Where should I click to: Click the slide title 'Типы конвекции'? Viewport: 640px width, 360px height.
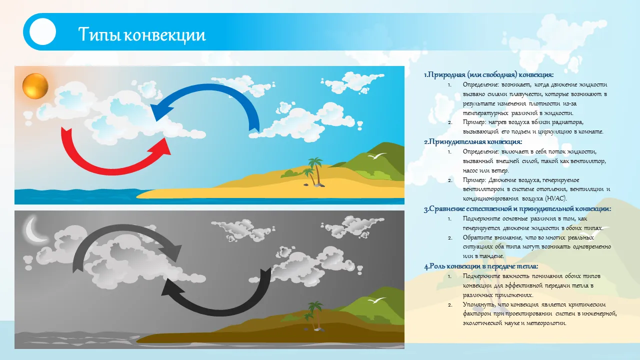[x=142, y=34]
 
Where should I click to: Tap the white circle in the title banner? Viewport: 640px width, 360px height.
[x=42, y=31]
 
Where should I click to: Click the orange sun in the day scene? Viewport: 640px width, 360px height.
[x=35, y=86]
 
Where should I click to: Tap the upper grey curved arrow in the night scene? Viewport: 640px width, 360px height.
[x=125, y=228]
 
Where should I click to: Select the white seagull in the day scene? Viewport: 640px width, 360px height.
[x=377, y=156]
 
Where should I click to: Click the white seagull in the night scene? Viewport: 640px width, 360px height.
[x=377, y=300]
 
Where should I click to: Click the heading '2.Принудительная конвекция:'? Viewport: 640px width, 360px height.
[x=473, y=141]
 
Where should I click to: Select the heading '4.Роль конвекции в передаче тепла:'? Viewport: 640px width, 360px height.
[x=481, y=266]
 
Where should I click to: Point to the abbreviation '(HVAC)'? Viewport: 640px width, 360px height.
[x=555, y=198]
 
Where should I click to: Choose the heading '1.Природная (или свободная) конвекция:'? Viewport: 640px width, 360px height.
[x=489, y=75]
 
